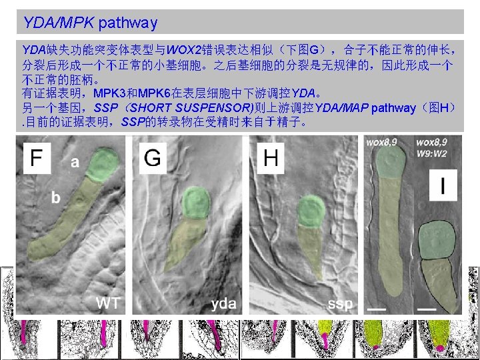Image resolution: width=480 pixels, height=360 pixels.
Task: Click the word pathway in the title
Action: click(127, 23)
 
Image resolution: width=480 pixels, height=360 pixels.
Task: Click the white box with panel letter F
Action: click(37, 157)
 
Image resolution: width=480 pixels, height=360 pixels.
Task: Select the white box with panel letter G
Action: click(153, 157)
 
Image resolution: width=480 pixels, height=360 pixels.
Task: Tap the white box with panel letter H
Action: click(271, 157)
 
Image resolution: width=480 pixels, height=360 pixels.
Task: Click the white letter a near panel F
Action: click(75, 162)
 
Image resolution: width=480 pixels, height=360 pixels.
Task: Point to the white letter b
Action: click(57, 197)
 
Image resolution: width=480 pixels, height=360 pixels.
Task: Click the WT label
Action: click(108, 303)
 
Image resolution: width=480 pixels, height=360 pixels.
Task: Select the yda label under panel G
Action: click(224, 304)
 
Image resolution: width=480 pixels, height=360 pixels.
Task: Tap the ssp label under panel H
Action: click(341, 304)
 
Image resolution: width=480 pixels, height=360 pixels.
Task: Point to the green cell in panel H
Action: click(309, 210)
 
